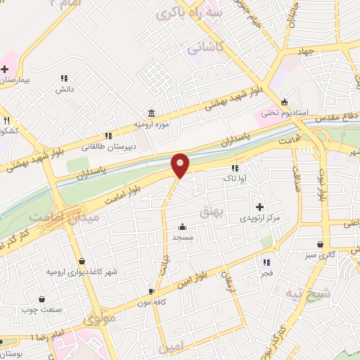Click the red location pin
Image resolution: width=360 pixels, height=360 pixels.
tap(181, 165)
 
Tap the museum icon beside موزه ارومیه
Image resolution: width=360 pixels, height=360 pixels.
tap(152, 114)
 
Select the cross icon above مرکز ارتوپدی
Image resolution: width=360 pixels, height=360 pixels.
tap(260, 207)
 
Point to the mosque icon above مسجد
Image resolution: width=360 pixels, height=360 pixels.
tap(183, 226)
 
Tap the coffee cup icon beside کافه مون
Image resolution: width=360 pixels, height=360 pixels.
tap(152, 291)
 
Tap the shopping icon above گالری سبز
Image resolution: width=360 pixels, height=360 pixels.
tap(321, 245)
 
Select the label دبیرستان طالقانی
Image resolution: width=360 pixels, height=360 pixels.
tap(103, 147)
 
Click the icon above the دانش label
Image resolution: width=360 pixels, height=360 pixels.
tap(64, 78)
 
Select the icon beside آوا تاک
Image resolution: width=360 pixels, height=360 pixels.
tap(235, 168)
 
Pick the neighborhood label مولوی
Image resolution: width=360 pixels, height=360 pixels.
tap(98, 320)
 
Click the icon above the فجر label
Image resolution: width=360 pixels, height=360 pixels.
tap(267, 260)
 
